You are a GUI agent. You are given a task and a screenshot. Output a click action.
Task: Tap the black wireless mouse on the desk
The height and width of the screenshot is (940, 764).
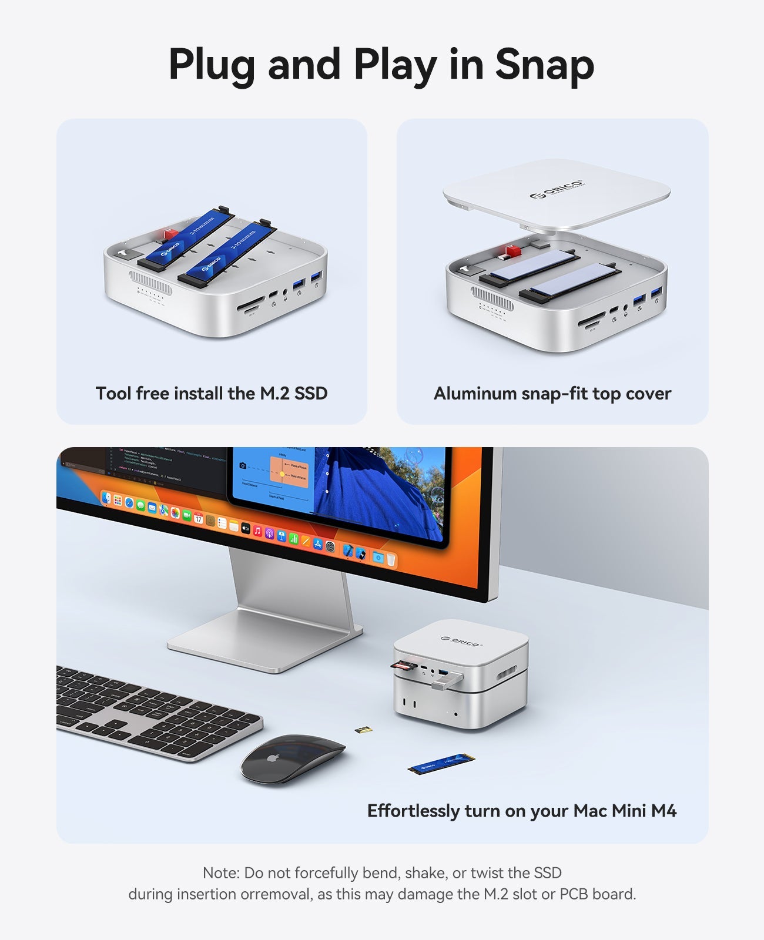coord(293,758)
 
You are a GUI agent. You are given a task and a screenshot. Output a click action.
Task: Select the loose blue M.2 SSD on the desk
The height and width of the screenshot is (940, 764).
coord(441,763)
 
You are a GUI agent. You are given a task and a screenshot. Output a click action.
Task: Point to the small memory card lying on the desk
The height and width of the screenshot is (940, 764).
coord(363,730)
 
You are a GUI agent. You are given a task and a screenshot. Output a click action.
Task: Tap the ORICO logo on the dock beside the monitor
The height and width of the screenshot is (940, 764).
coord(461,641)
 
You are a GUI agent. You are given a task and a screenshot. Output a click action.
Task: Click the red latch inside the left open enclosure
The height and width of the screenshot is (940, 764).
coord(170,234)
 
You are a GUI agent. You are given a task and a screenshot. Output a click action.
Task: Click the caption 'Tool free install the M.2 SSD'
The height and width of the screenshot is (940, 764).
coord(212,394)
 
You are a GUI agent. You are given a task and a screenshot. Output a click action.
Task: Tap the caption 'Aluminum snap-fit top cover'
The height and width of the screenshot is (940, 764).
coord(552,394)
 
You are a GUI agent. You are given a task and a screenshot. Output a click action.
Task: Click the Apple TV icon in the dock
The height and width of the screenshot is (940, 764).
coord(246,528)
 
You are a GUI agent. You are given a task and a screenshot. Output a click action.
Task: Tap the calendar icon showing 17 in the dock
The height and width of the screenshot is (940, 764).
coord(198,519)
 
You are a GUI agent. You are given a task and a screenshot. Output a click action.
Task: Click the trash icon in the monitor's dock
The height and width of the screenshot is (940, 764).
coord(391,560)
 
